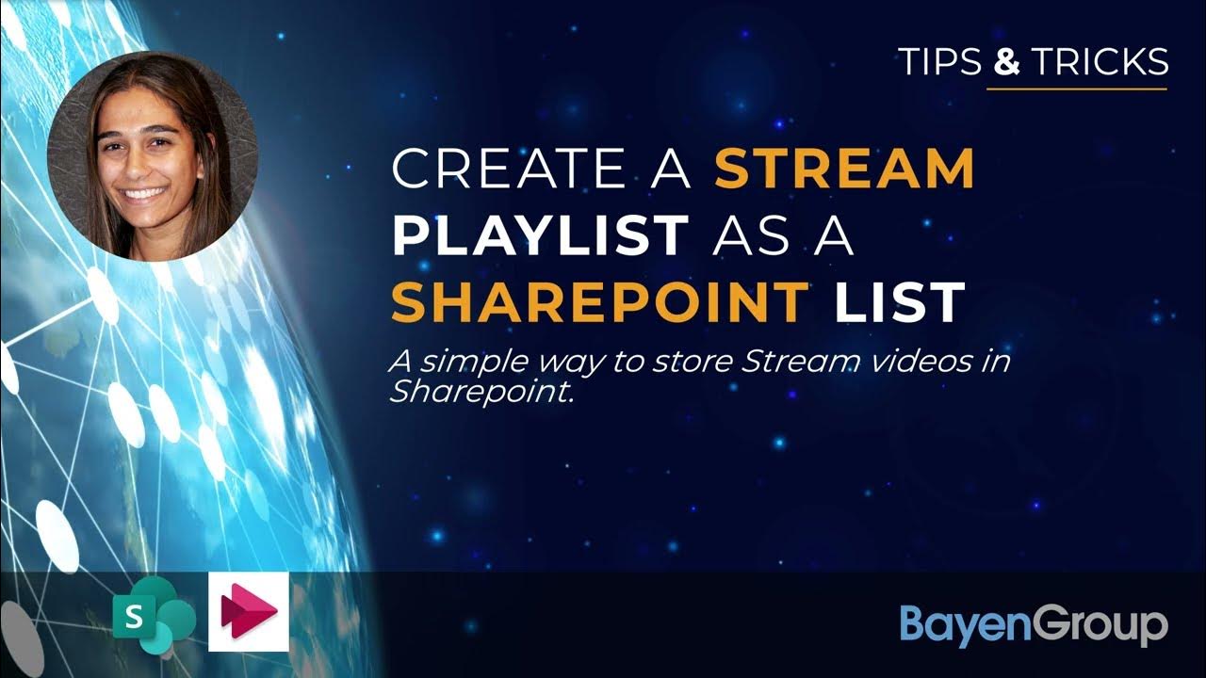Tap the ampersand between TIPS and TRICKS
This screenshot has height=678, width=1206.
point(1007,61)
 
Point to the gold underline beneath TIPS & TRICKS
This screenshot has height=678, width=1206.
point(1076,89)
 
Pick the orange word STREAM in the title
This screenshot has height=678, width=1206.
point(844,169)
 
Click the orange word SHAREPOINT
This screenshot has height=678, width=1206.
point(600,302)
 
